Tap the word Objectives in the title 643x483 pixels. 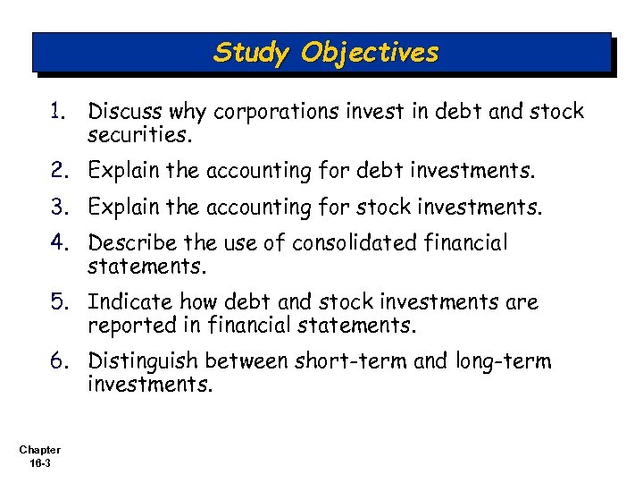click(370, 53)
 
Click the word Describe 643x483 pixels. click(126, 243)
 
